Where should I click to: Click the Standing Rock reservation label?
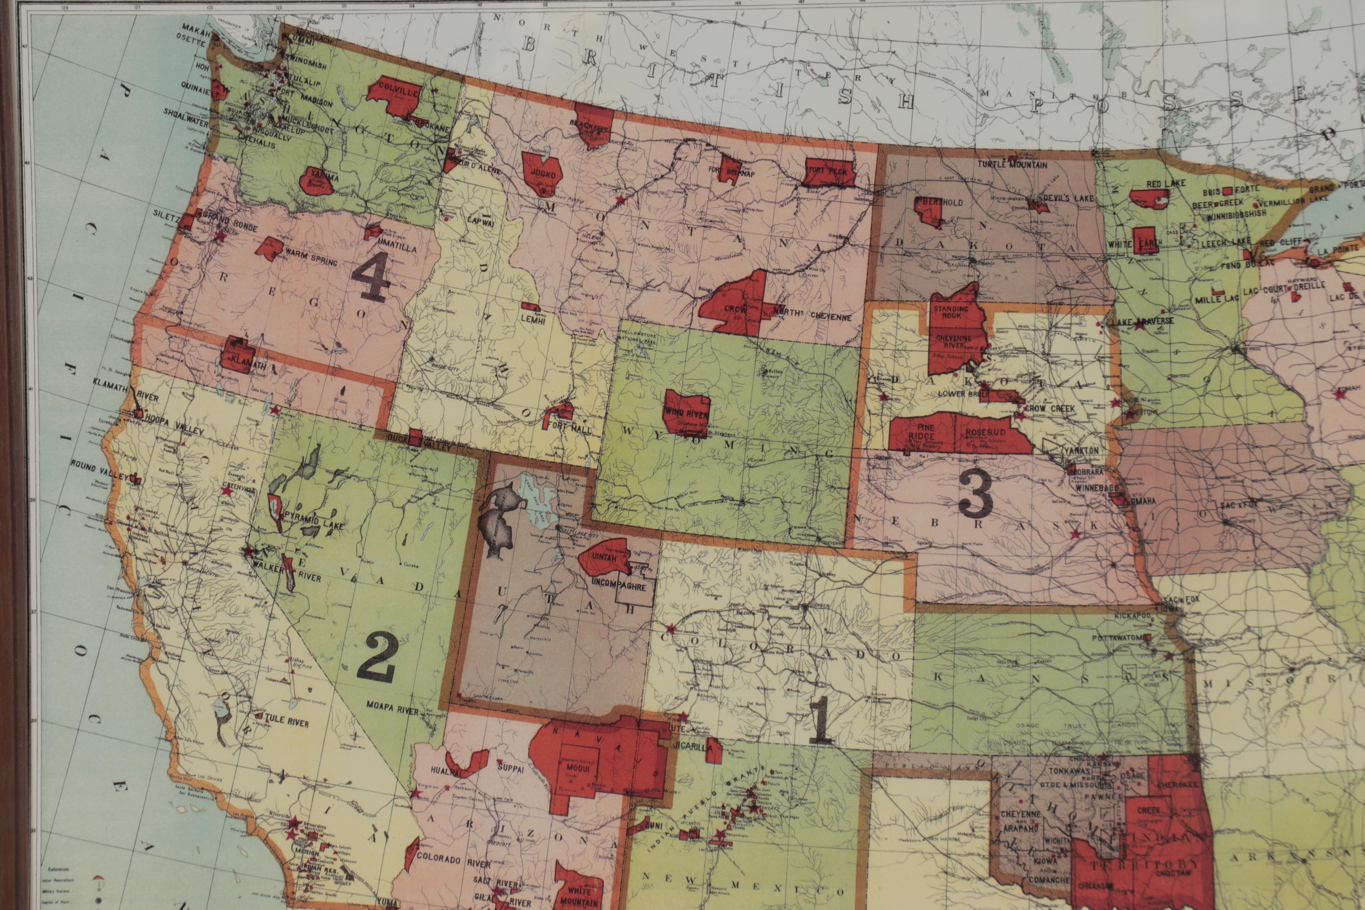951,313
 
